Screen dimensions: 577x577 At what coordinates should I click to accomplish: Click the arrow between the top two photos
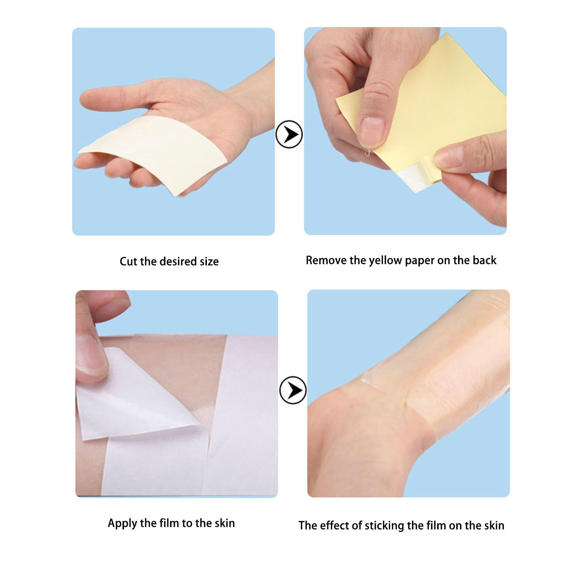pyautogui.click(x=289, y=134)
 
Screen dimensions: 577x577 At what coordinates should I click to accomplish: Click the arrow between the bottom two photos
pyautogui.click(x=293, y=390)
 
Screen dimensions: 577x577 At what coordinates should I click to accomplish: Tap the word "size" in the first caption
pyautogui.click(x=209, y=261)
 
